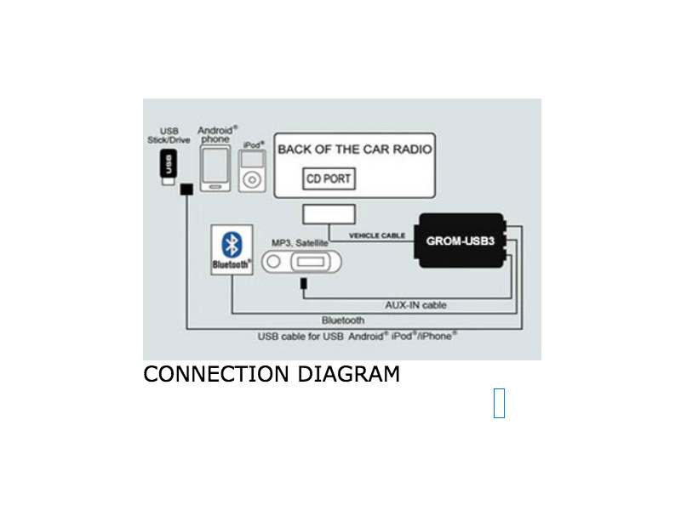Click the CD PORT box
329,179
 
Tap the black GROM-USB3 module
461,241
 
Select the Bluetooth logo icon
231,244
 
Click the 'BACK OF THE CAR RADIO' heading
355,149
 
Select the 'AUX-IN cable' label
416,304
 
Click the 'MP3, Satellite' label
300,243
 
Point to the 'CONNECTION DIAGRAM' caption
272,374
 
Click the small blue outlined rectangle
499,403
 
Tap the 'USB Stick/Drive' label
169,135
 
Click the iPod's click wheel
253,181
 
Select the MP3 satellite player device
304,263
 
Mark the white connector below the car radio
329,215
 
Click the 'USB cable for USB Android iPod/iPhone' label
358,336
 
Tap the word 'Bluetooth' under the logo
231,264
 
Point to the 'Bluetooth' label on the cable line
343,320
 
